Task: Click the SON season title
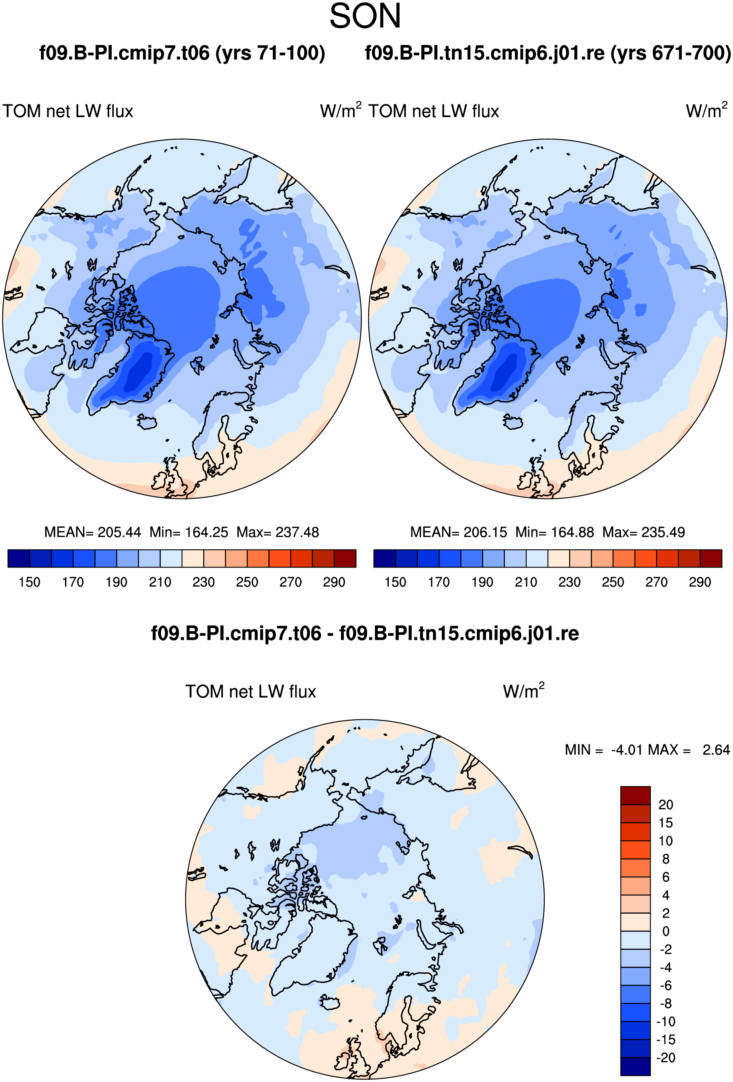pyautogui.click(x=365, y=16)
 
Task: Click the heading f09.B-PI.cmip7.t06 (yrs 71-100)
pyautogui.click(x=182, y=53)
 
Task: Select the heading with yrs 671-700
pyautogui.click(x=548, y=53)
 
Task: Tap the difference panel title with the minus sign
pyautogui.click(x=365, y=634)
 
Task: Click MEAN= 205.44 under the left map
pyautogui.click(x=93, y=532)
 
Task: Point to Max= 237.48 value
pyautogui.click(x=278, y=532)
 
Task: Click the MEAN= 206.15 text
pyautogui.click(x=459, y=532)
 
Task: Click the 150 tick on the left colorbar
pyautogui.click(x=29, y=582)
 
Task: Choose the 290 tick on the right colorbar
pyautogui.click(x=700, y=582)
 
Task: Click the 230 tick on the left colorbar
pyautogui.click(x=204, y=582)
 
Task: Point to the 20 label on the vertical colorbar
pyautogui.click(x=666, y=804)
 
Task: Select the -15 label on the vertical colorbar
pyautogui.click(x=666, y=1040)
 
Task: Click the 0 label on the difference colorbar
pyautogui.click(x=666, y=931)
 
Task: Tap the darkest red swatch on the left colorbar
pyautogui.click(x=345, y=558)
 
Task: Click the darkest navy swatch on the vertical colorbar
pyautogui.click(x=635, y=1067)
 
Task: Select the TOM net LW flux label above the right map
pyautogui.click(x=433, y=112)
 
